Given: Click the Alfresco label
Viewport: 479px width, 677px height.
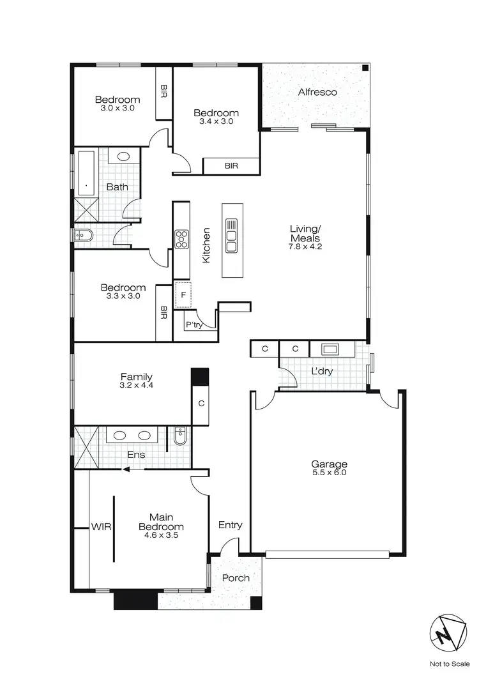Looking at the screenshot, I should pos(317,92).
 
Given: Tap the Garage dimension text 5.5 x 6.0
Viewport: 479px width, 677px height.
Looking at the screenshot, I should pos(329,473).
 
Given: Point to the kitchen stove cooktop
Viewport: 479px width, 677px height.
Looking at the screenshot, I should pos(181,239).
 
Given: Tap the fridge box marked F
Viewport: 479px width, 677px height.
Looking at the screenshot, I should pos(183,295).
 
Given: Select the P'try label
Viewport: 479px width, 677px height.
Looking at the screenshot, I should pos(194,325).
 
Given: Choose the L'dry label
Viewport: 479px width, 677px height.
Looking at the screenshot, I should pos(322,372).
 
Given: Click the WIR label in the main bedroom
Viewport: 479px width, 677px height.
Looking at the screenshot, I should pos(101,528).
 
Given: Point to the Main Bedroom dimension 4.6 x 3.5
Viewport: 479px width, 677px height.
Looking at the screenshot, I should pos(162,536).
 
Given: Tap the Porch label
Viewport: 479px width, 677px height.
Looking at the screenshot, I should pos(236,578).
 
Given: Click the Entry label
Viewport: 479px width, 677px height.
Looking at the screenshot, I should pos(230,525).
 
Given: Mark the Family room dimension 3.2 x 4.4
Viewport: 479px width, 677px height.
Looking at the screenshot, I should pos(136,386).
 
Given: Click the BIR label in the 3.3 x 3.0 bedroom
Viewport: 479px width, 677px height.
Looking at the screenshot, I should pos(163,312).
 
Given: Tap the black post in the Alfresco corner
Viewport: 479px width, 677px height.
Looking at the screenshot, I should pos(365,68).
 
